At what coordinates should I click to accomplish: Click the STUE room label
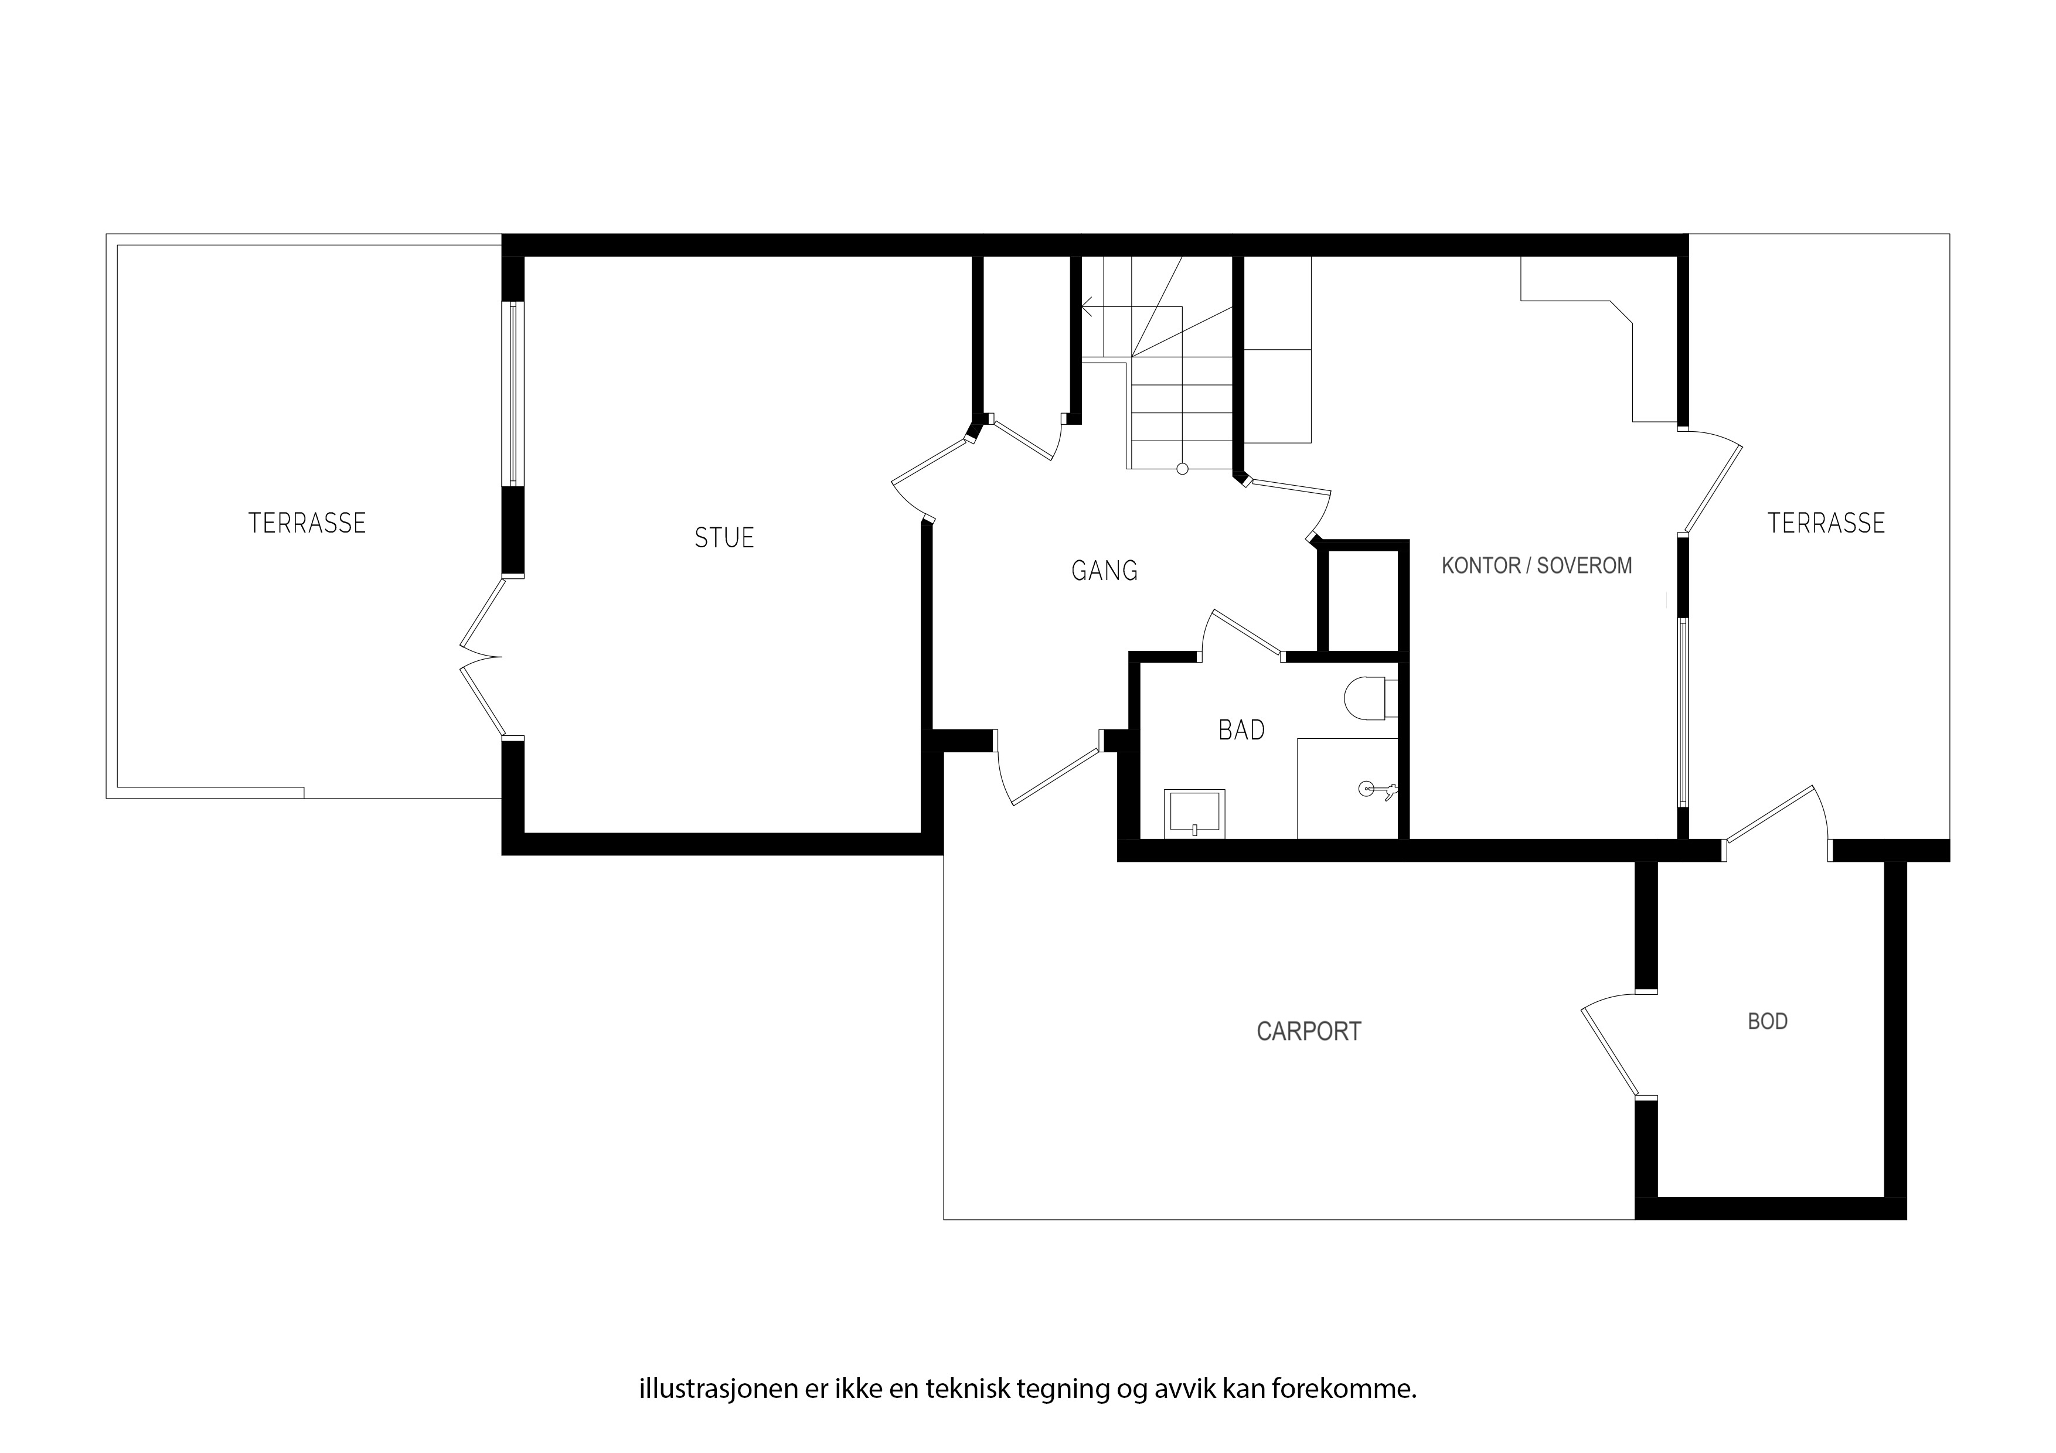(x=724, y=537)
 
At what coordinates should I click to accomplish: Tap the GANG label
(x=1104, y=570)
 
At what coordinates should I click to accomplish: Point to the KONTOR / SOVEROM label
(x=1537, y=566)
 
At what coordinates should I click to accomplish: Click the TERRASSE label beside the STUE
(x=307, y=523)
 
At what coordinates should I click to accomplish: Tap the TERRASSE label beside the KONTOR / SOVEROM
(x=1826, y=523)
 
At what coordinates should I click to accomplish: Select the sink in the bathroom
(x=1194, y=814)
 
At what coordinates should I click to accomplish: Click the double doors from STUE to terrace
(x=480, y=658)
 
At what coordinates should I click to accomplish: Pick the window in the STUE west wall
(x=512, y=394)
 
